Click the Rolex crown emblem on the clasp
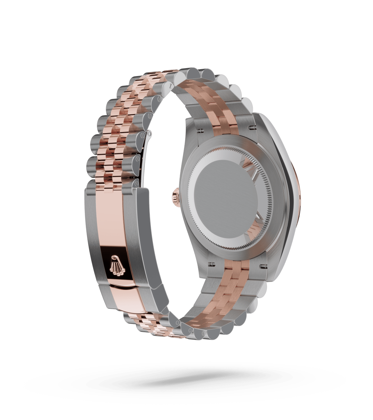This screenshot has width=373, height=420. click(115, 265)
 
